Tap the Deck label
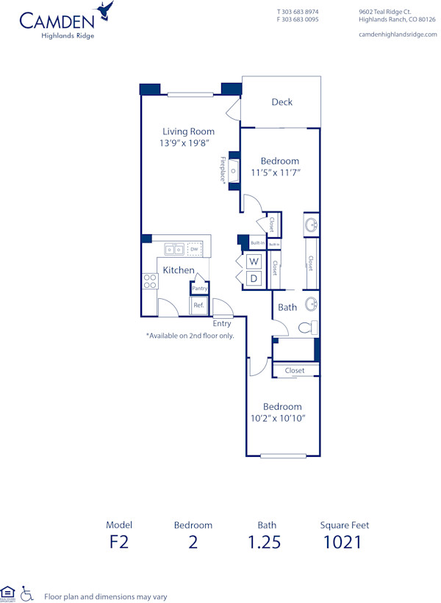(282, 102)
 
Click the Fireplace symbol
(234, 171)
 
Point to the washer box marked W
(254, 261)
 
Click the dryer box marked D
(254, 278)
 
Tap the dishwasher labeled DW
(194, 250)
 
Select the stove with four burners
(150, 281)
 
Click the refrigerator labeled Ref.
(198, 305)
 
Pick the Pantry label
(199, 289)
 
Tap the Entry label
(222, 324)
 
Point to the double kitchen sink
(174, 250)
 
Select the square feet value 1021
(344, 543)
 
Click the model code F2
(119, 543)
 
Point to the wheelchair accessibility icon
(27, 593)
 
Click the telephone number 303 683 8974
(301, 12)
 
